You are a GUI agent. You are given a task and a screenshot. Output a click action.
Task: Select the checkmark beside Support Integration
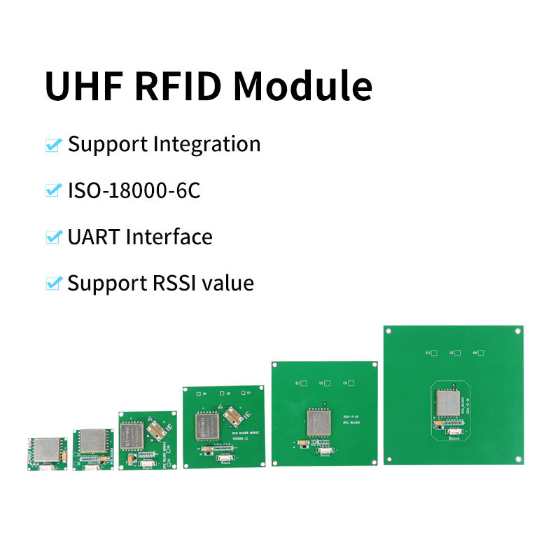[x=53, y=145]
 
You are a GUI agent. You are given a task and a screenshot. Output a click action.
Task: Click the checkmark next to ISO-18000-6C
[x=53, y=190]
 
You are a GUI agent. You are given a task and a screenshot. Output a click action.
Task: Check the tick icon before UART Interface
[x=53, y=237]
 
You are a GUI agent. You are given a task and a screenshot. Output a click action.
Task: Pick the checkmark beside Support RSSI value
[x=53, y=283]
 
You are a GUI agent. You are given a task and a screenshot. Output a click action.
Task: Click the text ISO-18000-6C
[x=134, y=190]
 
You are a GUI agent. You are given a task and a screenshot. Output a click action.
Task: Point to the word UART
[x=94, y=237]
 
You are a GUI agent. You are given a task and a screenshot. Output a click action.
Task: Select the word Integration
[x=206, y=145]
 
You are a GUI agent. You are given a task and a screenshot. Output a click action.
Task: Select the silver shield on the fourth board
[x=208, y=426]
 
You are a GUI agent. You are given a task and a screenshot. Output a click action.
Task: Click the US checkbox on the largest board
[x=456, y=353]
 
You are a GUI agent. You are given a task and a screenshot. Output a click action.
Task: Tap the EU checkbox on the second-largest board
[x=303, y=383]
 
